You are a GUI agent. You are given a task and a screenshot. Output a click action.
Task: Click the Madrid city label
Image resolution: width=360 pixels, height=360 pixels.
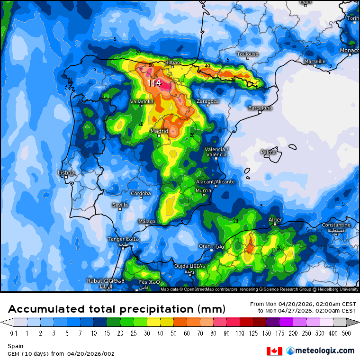pos(160,131)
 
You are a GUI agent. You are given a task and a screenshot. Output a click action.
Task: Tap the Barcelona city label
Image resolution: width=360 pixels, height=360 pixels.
pos(261,108)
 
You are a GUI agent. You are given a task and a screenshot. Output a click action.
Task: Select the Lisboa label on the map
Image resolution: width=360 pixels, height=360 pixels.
pos(66,173)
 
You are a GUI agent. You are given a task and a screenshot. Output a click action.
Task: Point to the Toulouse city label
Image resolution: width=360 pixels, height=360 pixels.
pos(248,54)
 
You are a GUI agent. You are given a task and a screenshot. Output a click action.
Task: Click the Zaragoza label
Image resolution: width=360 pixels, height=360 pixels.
pos(207,101)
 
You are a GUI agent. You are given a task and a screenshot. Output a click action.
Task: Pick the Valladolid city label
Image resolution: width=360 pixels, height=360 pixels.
pos(142,101)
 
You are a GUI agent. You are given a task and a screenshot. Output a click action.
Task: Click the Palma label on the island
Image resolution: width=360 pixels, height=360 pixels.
pos(268,152)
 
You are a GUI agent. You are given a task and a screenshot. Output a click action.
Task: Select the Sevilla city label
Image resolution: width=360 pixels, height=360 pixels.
pos(120,205)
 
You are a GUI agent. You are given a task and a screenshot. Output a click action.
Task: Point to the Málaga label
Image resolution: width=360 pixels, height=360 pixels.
pos(147,221)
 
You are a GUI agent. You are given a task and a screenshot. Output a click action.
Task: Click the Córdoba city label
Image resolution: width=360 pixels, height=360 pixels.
pos(141,193)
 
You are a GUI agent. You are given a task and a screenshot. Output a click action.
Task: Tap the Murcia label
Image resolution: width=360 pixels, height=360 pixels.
pos(203,190)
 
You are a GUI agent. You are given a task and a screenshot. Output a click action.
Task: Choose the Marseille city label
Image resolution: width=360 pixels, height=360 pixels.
pos(315,61)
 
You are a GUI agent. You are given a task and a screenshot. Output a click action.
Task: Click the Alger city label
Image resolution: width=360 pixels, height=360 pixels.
pos(275,220)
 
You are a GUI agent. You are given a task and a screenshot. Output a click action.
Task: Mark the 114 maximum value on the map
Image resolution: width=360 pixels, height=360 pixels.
pos(154,83)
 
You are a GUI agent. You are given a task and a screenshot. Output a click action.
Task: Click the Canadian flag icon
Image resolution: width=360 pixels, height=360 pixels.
pos(274,351)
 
